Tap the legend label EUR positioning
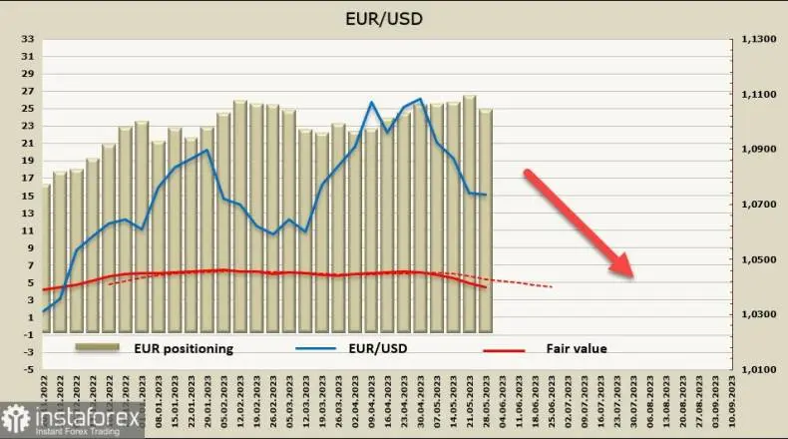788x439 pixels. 184,348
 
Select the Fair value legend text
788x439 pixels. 577,348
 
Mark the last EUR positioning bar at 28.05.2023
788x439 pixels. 486,219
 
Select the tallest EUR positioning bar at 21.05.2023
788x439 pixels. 469,213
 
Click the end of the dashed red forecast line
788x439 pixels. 552,287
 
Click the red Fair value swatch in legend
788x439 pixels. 505,349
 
